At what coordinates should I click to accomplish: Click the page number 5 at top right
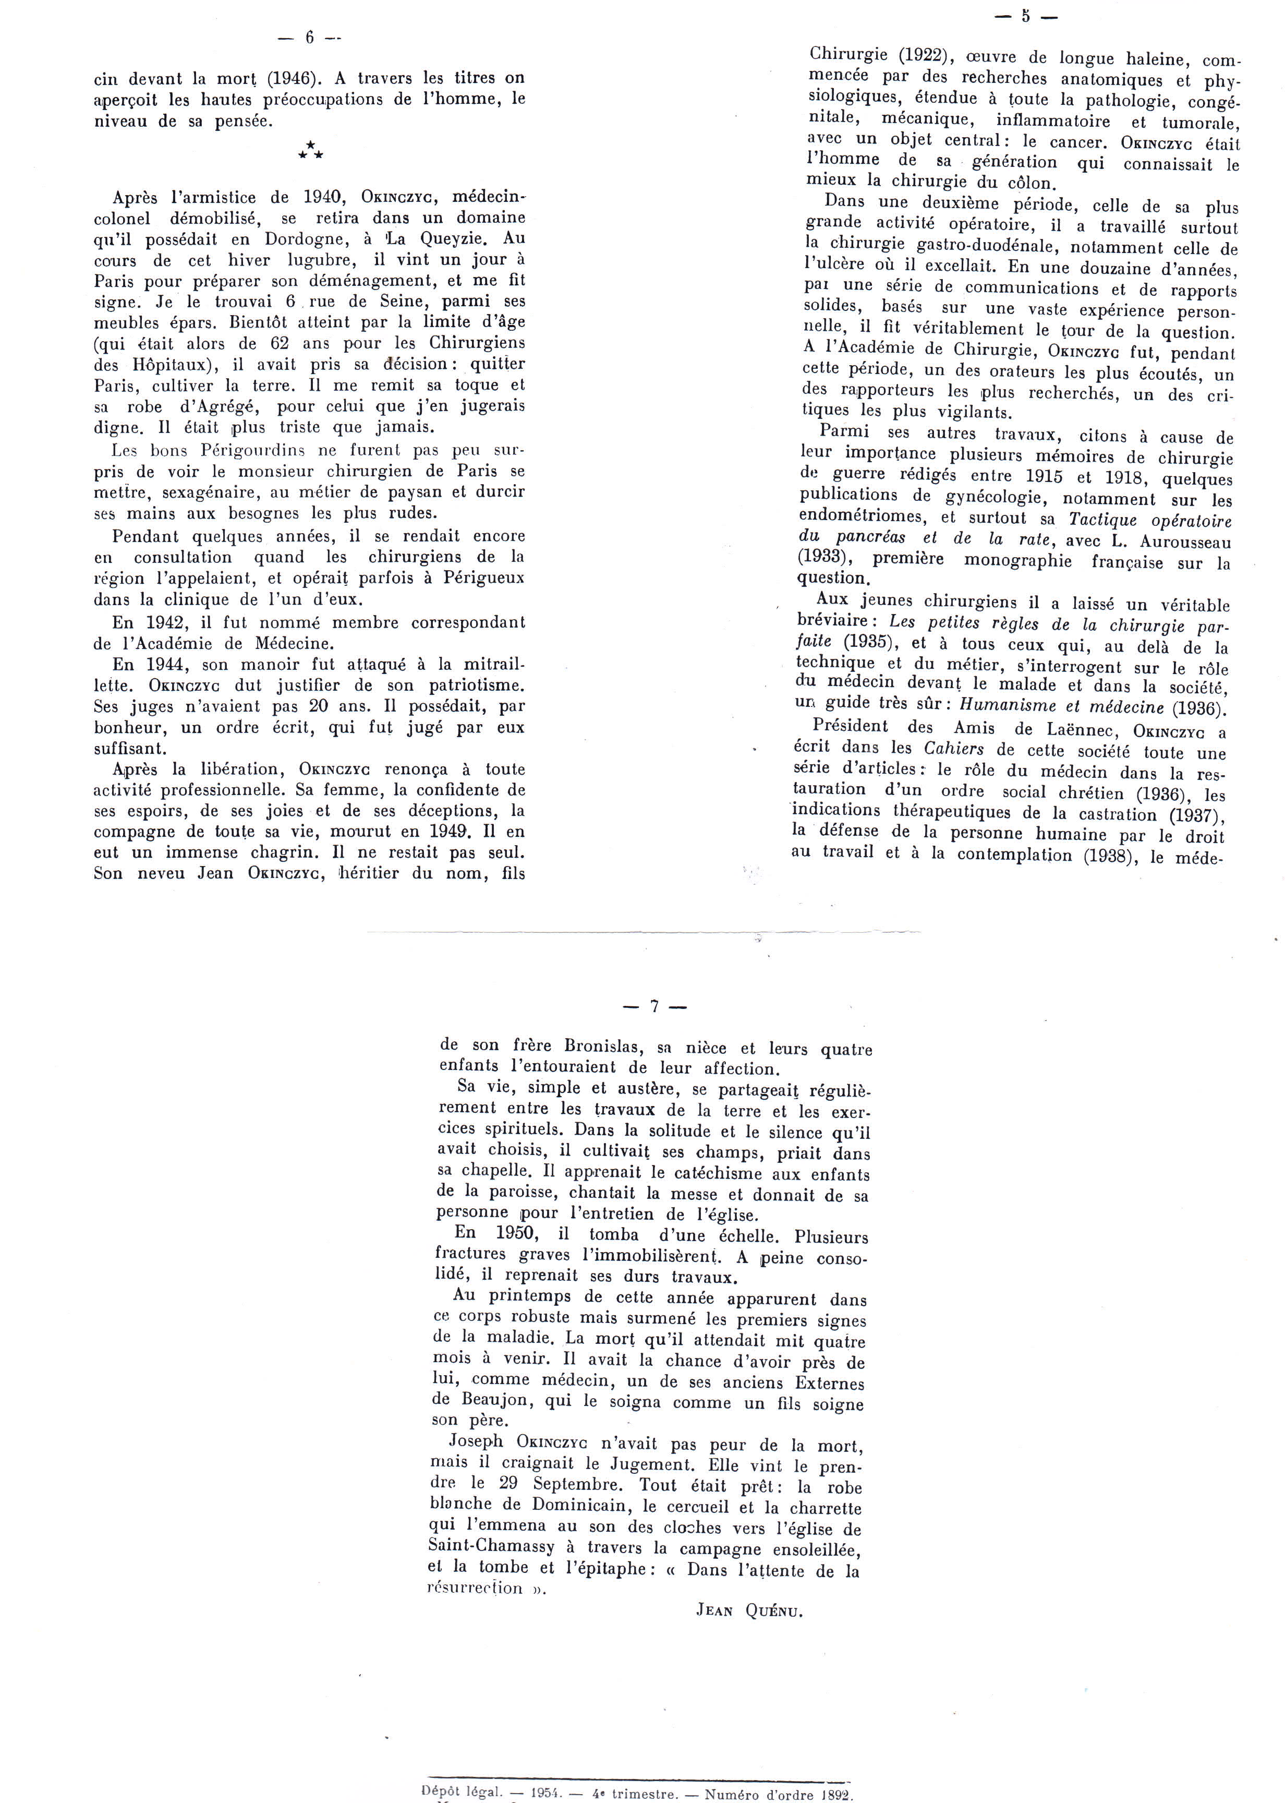(x=1025, y=15)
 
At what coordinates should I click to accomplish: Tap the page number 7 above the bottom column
(x=654, y=1007)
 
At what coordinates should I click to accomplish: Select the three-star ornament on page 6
(x=310, y=150)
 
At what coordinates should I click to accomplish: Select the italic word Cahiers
(x=955, y=749)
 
